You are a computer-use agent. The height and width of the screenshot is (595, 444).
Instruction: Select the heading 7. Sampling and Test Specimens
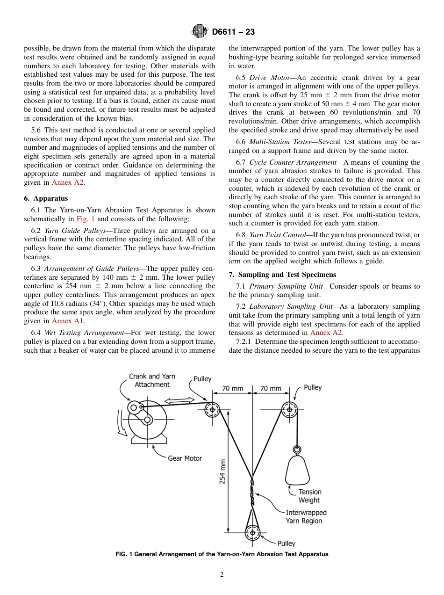click(282, 274)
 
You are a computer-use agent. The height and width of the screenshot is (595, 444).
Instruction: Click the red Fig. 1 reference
click(86, 219)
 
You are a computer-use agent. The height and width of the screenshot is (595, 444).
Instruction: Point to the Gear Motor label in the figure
click(185, 458)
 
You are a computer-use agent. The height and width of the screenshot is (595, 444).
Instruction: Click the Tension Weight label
click(310, 496)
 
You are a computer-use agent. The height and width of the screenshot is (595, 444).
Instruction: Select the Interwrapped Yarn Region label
click(306, 517)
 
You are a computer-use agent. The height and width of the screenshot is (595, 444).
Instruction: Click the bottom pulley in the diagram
click(252, 532)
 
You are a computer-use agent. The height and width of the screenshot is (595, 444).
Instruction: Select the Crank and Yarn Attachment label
click(152, 380)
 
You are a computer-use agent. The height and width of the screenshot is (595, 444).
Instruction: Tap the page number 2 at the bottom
click(222, 575)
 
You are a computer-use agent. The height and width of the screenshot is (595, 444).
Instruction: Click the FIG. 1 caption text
click(222, 554)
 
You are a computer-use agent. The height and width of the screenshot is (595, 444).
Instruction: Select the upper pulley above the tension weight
click(289, 410)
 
